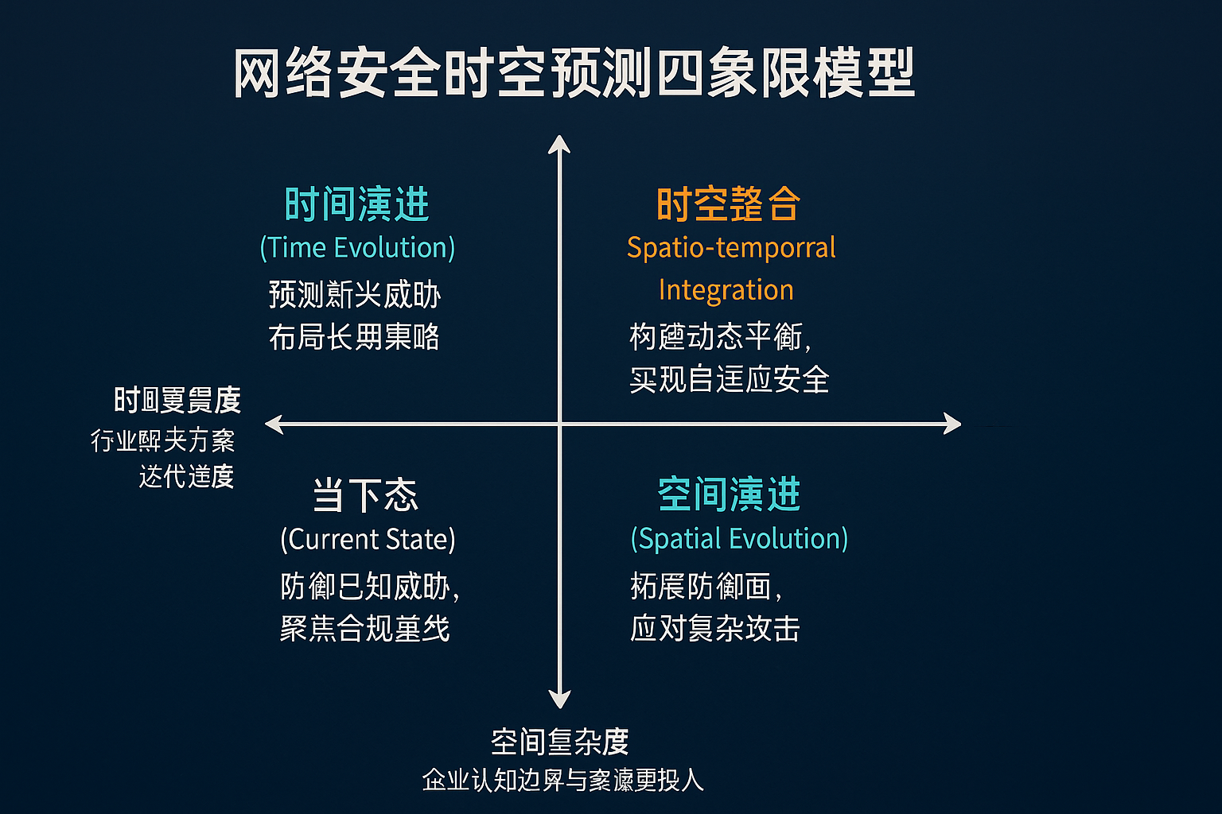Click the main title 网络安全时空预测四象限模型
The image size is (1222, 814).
(574, 73)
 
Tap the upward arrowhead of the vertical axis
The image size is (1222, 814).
(559, 144)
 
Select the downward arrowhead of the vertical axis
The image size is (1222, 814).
(559, 699)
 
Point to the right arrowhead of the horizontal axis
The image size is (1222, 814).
(952, 424)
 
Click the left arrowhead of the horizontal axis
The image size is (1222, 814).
(274, 424)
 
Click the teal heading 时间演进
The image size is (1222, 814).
(356, 204)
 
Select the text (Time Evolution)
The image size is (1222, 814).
(357, 247)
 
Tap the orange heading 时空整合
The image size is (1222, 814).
(727, 204)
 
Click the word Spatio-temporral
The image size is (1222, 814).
(731, 247)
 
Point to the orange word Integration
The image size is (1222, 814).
(726, 290)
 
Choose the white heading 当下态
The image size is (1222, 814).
(365, 495)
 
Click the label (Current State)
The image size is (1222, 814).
(368, 539)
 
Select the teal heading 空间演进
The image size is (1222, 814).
(729, 494)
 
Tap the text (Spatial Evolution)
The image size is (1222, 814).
(739, 538)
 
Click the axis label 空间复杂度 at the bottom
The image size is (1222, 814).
(559, 742)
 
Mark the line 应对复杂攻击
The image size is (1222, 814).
(714, 628)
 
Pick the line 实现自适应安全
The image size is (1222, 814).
(729, 379)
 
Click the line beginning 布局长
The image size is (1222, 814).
(354, 337)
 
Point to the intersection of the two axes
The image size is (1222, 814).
(559, 424)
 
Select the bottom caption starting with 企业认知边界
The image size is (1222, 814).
(562, 780)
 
